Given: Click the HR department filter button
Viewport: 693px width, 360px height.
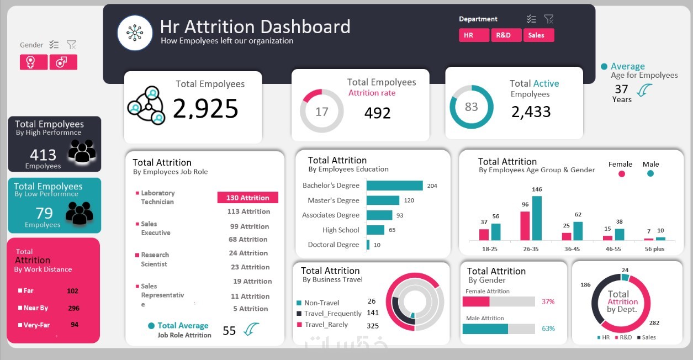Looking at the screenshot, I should [x=473, y=35].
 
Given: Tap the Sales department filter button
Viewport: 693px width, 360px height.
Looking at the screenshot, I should [x=538, y=35].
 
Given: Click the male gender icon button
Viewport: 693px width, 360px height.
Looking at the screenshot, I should [x=63, y=62].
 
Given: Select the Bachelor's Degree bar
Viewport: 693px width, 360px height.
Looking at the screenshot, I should [x=394, y=186].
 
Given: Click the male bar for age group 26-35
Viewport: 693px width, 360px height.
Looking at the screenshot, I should [x=537, y=218].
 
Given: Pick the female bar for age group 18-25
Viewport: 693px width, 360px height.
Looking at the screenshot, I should [x=484, y=234].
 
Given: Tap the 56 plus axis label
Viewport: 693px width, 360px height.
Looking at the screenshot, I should [x=654, y=249].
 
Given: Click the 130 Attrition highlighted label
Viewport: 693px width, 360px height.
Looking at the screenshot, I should [x=248, y=198].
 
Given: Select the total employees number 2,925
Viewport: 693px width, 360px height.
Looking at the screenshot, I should [x=205, y=109].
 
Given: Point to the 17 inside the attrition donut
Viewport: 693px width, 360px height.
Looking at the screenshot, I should [x=321, y=112].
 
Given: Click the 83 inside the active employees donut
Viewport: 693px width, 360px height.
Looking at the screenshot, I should [x=471, y=107].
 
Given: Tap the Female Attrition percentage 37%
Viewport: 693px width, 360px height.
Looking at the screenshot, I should [x=548, y=301].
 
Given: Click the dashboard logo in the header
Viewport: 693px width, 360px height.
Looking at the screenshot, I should [x=135, y=33].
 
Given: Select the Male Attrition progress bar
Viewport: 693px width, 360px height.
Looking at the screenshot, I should [x=499, y=329].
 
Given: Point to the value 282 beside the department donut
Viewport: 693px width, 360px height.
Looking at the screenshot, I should [x=654, y=322].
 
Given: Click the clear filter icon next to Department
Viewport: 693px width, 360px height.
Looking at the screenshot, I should [x=548, y=19].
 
